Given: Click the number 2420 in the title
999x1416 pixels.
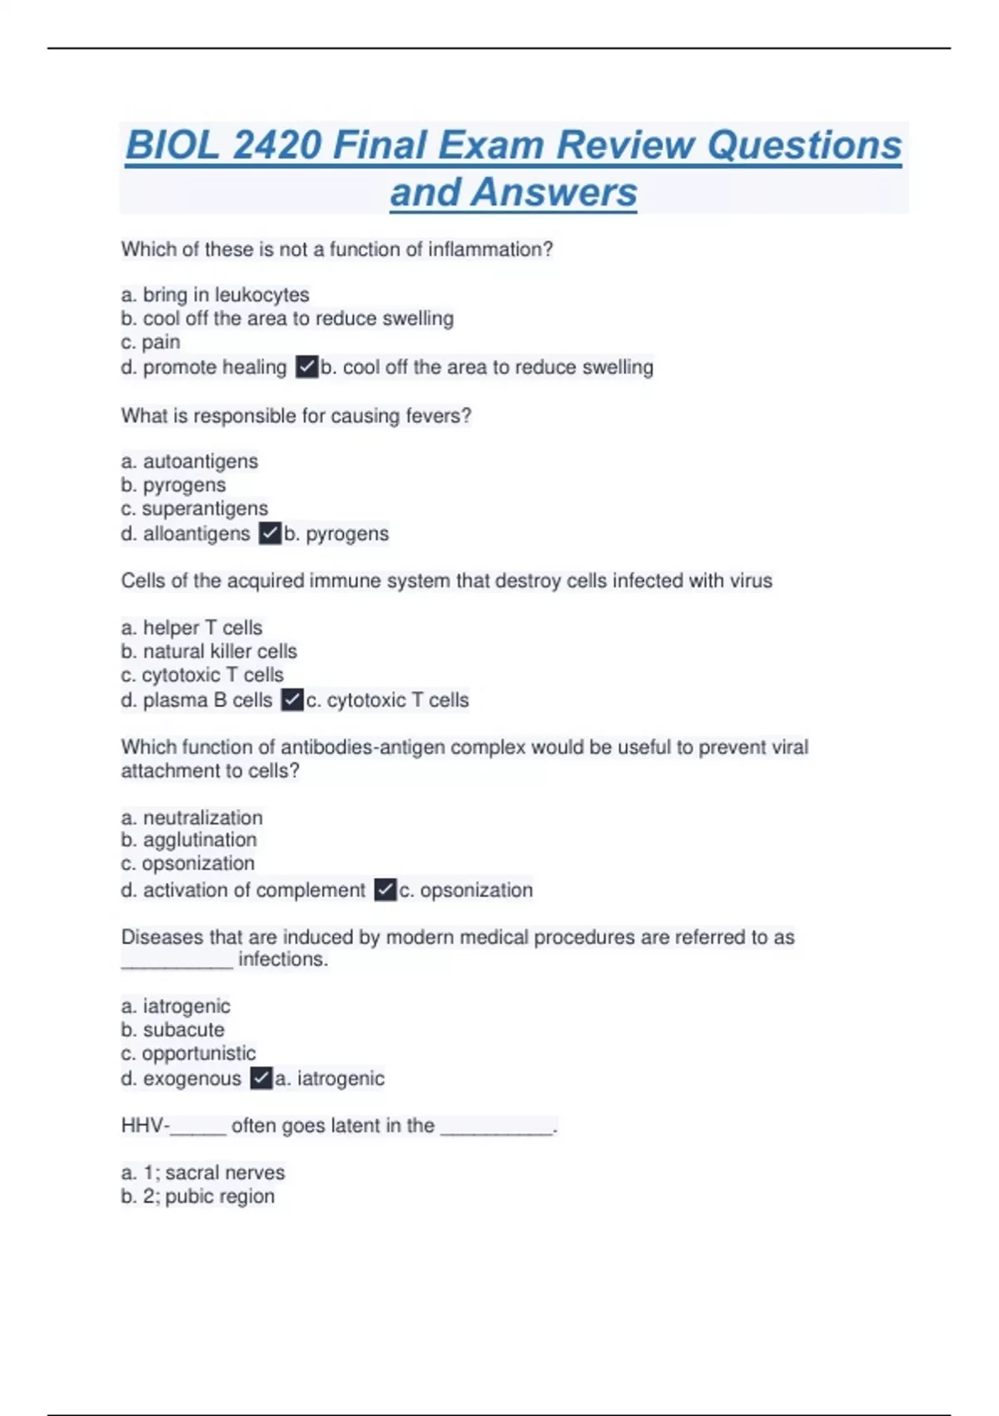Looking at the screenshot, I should pyautogui.click(x=276, y=145).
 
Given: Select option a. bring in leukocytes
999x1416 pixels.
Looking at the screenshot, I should pyautogui.click(x=215, y=295).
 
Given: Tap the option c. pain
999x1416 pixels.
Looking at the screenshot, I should pyautogui.click(x=151, y=342).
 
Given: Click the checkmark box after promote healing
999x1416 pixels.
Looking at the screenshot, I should pyautogui.click(x=307, y=367).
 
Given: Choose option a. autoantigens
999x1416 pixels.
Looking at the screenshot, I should pyautogui.click(x=190, y=461).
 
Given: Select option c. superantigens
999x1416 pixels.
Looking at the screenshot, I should pyautogui.click(x=195, y=509).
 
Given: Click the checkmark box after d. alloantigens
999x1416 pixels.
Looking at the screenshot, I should pyautogui.click(x=270, y=534).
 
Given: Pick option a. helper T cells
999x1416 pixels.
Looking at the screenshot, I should pyautogui.click(x=191, y=628).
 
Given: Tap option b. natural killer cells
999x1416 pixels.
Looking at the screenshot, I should pyautogui.click(x=209, y=651).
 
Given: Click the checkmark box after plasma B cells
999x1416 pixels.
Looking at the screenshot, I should pyautogui.click(x=292, y=701).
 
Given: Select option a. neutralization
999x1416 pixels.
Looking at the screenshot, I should pyautogui.click(x=191, y=818).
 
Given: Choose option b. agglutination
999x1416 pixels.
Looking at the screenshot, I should pyautogui.click(x=189, y=840).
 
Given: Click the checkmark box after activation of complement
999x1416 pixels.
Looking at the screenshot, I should pyautogui.click(x=385, y=890).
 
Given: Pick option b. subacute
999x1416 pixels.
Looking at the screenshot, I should pyautogui.click(x=172, y=1030).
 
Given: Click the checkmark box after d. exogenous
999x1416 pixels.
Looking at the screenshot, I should pyautogui.click(x=261, y=1079).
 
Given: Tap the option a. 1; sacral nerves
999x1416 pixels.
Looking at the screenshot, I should pyautogui.click(x=203, y=1173).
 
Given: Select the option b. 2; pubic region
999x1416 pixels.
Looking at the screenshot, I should pyautogui.click(x=198, y=1197).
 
